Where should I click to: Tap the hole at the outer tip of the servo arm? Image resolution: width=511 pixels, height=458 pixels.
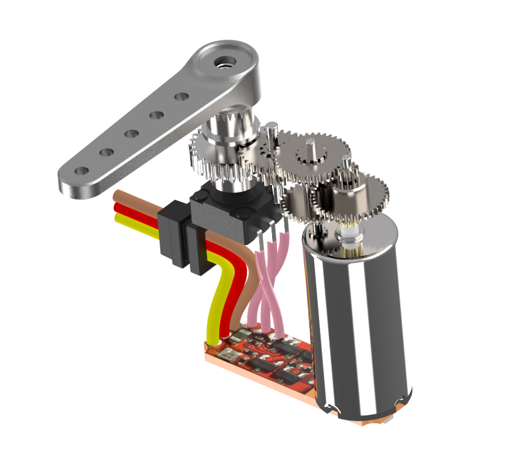point(82,170)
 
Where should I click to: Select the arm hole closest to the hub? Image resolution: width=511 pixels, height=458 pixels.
point(181,96)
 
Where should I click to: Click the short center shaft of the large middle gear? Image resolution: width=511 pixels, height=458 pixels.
point(312,150)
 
